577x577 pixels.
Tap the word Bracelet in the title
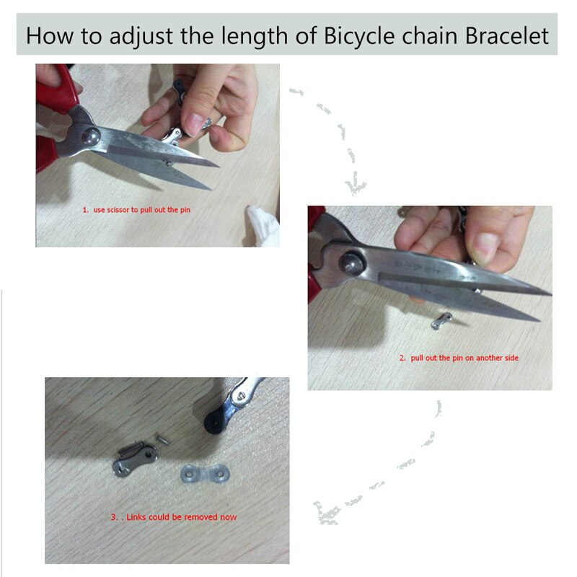(507, 35)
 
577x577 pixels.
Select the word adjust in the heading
(141, 37)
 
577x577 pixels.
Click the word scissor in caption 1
(118, 210)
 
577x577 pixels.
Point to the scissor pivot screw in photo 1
(91, 136)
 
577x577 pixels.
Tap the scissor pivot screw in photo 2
(352, 263)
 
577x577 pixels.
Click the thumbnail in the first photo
(194, 123)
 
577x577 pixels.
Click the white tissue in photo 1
(264, 225)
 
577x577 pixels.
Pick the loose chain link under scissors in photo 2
(441, 320)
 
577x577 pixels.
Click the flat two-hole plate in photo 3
(206, 473)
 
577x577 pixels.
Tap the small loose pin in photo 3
(162, 439)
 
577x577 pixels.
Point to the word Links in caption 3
(136, 517)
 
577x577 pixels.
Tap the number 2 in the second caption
(402, 358)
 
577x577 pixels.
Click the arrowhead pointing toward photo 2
(355, 186)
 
